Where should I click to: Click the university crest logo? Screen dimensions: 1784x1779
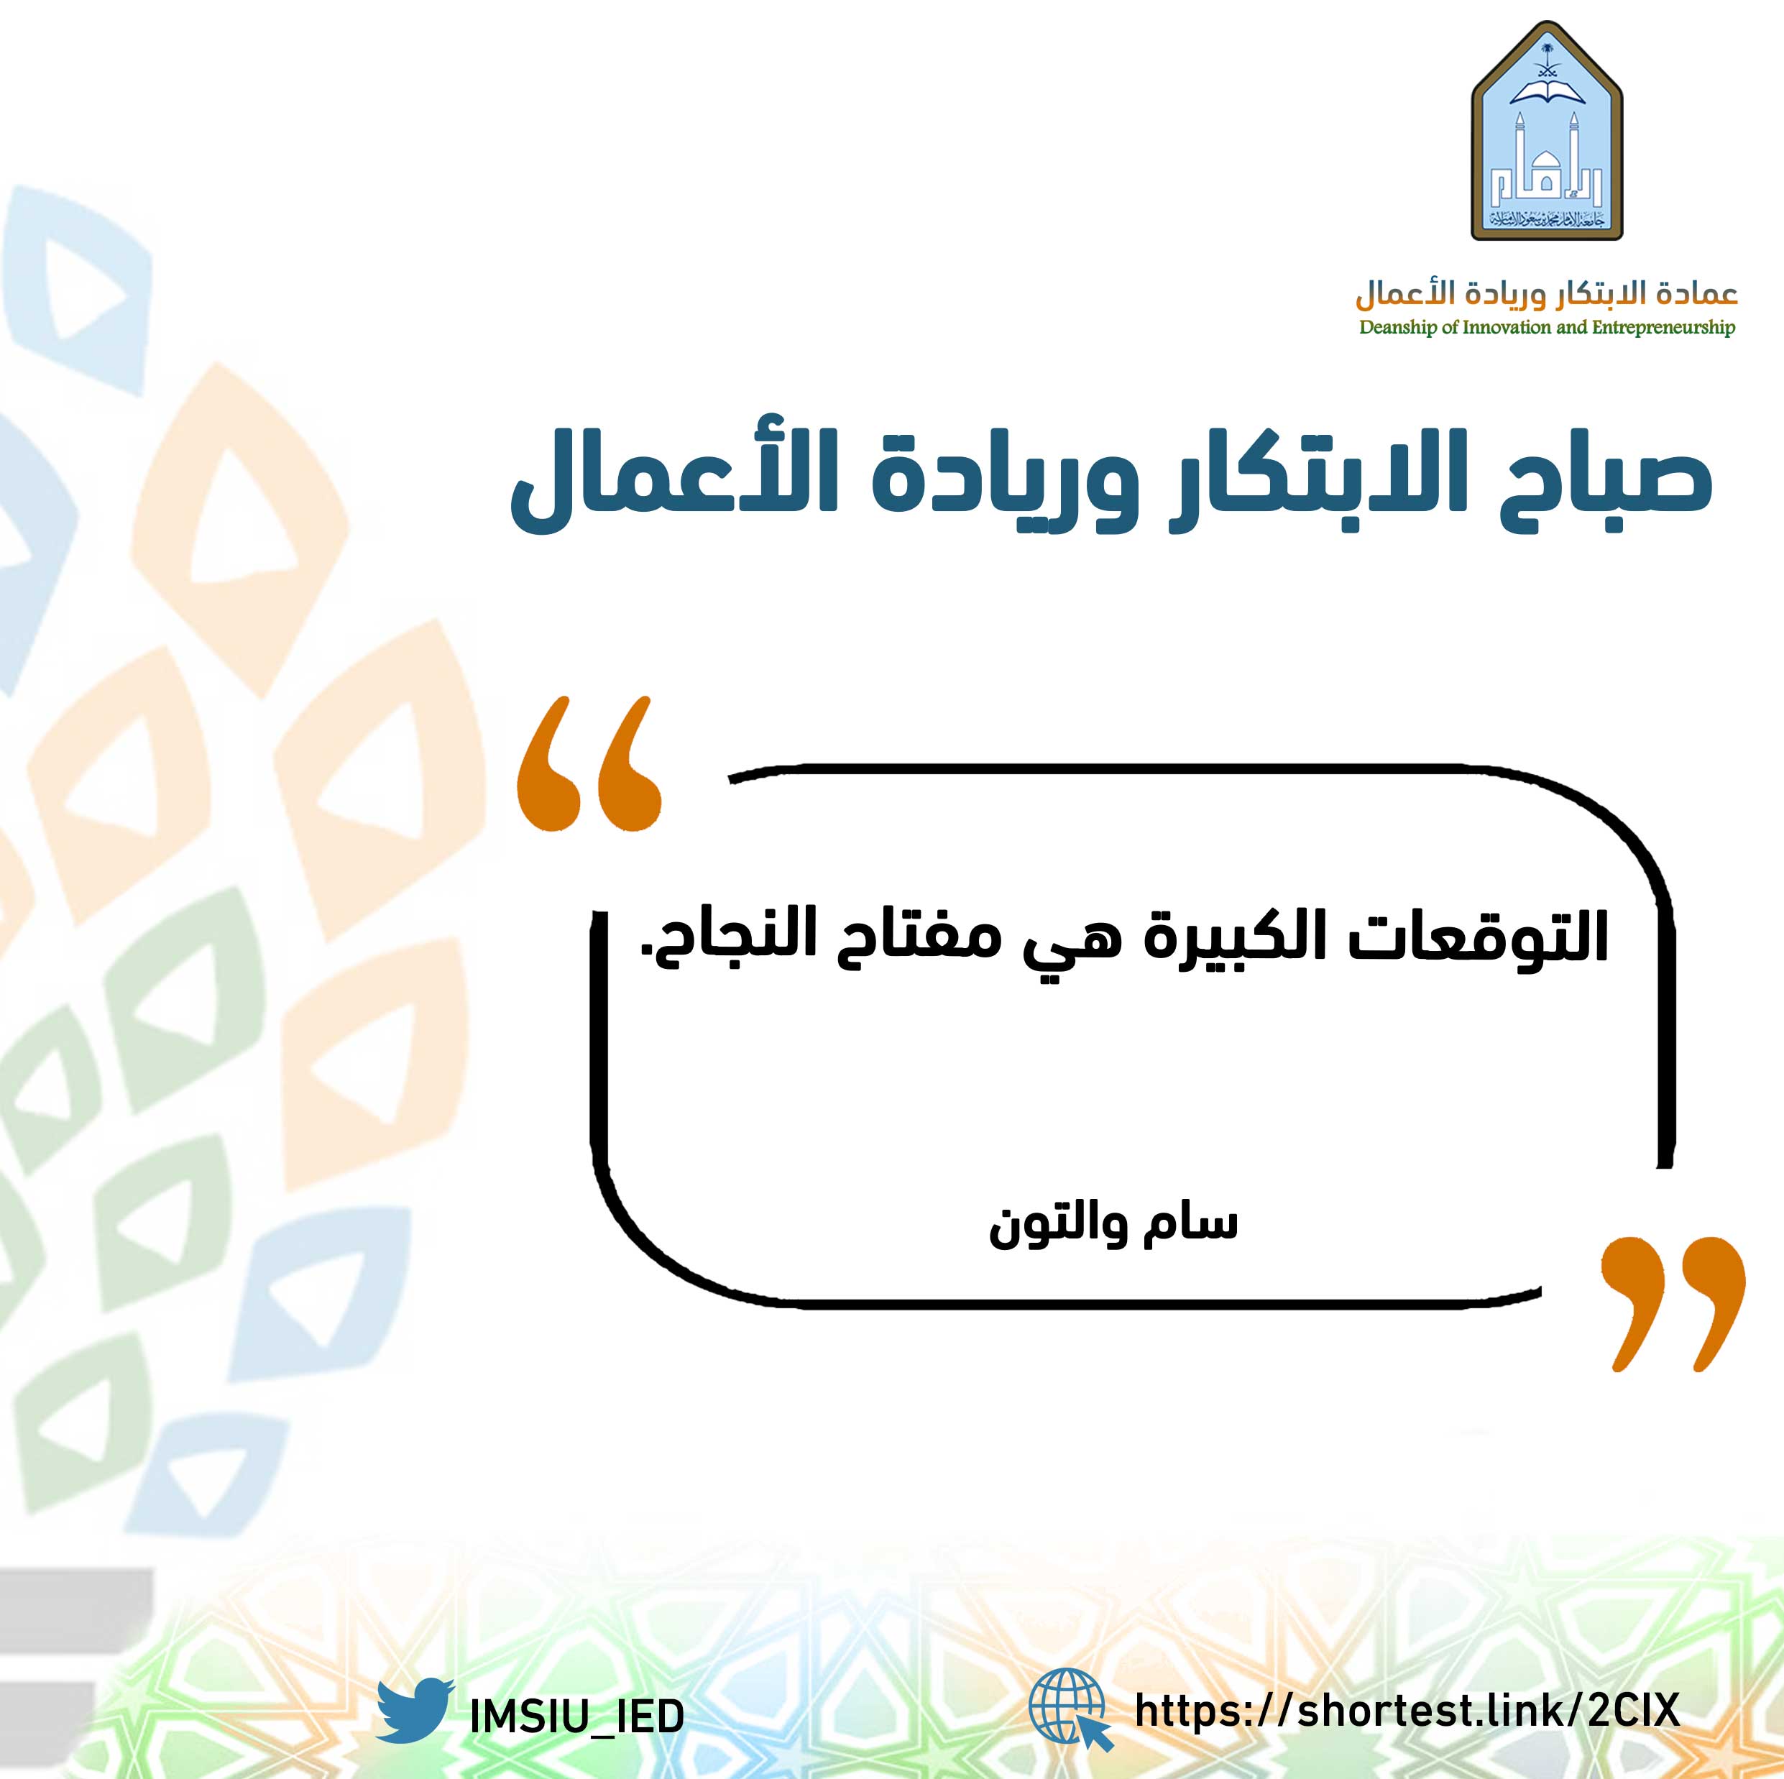[1546, 131]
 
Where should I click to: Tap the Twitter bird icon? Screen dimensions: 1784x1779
[415, 1711]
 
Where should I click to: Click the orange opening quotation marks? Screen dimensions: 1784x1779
[589, 763]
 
